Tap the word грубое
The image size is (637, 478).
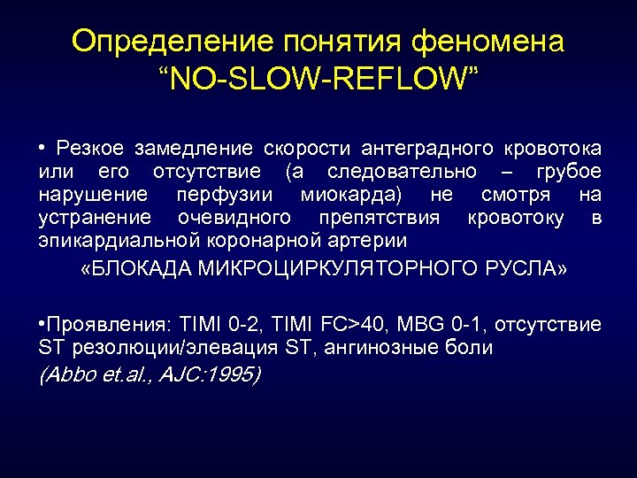point(567,170)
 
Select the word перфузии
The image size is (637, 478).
point(226,194)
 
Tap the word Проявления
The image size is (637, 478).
point(97,325)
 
